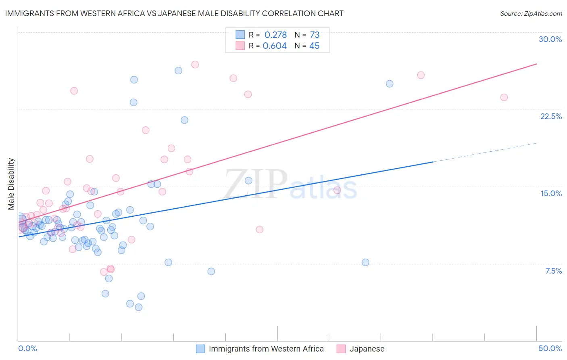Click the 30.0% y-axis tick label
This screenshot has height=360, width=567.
coord(550,39)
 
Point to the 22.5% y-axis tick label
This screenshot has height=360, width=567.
coord(551,116)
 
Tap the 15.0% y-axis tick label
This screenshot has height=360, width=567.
coord(551,193)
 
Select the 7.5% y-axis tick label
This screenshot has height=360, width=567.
coord(553,271)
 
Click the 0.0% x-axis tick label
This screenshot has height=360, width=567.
coord(27,348)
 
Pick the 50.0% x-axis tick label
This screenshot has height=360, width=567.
coord(550,348)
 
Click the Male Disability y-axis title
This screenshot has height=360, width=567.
coord(11,184)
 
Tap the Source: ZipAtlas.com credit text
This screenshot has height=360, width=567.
coord(531,13)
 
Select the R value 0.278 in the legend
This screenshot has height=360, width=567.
coord(275,35)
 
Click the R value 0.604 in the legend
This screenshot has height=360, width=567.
coord(275,46)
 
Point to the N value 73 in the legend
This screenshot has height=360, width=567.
coord(315,35)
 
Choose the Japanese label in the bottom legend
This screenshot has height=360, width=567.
coord(367,349)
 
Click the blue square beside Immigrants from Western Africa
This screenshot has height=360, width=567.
coord(200,349)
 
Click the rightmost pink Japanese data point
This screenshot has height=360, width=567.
coord(504,97)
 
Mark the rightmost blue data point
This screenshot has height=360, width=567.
coord(390,84)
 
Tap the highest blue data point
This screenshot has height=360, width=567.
coord(178,71)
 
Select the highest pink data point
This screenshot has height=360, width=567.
coord(195,65)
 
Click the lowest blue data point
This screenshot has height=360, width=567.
coord(138,307)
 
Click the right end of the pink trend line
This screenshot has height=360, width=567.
coord(536,64)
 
